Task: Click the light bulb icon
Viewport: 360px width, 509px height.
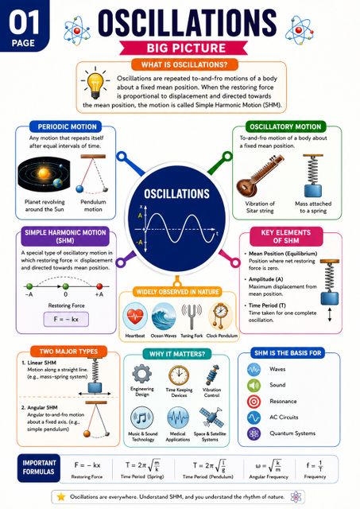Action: coord(95,83)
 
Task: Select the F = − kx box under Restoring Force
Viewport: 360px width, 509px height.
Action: coord(66,319)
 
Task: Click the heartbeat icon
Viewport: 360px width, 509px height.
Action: coord(135,317)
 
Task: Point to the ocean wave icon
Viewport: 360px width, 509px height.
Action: coord(164,317)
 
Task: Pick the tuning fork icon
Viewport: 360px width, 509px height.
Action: coord(192,317)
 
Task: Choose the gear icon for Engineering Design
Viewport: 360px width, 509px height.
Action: coord(141,374)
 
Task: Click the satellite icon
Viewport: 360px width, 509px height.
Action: coord(211,418)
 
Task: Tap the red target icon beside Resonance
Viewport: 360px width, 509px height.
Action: coord(254,401)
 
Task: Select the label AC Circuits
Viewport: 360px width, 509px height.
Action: coord(284,417)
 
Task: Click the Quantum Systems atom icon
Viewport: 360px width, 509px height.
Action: coord(254,433)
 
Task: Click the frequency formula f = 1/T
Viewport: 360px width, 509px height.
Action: coord(315,466)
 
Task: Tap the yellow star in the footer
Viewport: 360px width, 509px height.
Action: coord(61,496)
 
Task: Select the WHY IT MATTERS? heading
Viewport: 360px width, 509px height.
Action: coord(177,354)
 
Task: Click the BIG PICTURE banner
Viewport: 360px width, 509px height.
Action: coord(184,48)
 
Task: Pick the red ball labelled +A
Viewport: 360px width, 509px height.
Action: coord(99,286)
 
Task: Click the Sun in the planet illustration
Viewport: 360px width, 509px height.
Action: coord(44,173)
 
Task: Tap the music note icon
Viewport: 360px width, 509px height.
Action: coord(141,418)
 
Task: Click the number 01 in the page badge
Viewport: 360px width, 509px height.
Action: coord(24,23)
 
